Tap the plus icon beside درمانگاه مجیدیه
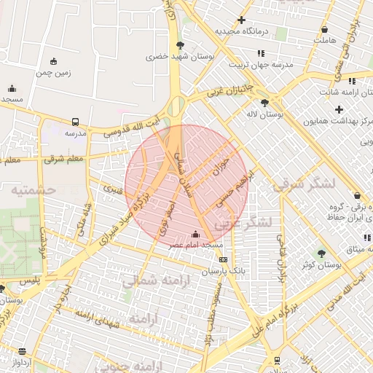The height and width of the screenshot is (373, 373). coord(242,20)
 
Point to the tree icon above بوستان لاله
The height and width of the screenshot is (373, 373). coord(264,103)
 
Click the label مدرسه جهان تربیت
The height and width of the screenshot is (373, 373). coord(262,64)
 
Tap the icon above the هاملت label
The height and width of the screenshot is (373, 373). coord(324,30)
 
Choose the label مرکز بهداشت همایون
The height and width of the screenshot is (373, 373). coord(338,121)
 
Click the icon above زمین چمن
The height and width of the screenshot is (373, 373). coord(53,61)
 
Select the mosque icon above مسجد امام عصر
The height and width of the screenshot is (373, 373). coord(195,235)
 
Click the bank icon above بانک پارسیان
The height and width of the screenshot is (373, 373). coord(222,259)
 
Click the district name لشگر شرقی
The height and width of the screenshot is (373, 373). coord(305,184)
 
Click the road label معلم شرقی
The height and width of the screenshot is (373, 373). coord(63,157)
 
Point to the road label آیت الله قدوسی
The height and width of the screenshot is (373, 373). coord(132,125)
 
